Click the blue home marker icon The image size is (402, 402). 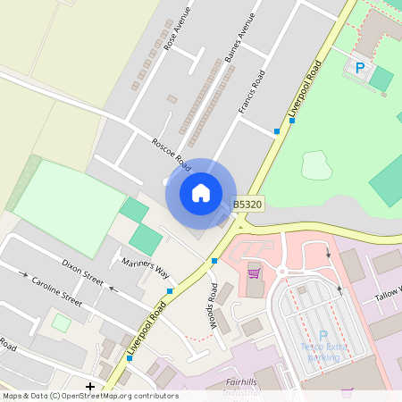(x=200, y=192)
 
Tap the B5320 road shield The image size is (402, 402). (x=247, y=205)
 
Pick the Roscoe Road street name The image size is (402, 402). (x=171, y=154)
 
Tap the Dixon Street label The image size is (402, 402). (x=82, y=270)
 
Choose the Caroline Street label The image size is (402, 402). (x=57, y=292)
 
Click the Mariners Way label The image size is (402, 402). (x=145, y=265)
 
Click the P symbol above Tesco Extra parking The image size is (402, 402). (x=322, y=335)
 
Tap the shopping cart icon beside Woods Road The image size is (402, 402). (x=254, y=272)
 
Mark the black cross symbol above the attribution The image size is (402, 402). (x=89, y=386)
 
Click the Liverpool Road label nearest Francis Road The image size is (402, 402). (x=305, y=89)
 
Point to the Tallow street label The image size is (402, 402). (x=389, y=293)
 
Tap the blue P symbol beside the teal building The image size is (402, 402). (x=360, y=67)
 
